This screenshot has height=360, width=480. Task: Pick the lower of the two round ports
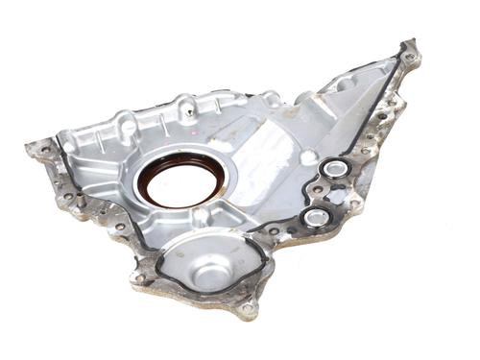click(315, 218)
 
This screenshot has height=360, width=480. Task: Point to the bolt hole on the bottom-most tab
click(248, 310)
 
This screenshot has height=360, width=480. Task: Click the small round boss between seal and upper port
click(305, 156)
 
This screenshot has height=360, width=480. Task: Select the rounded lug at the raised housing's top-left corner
click(126, 123)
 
